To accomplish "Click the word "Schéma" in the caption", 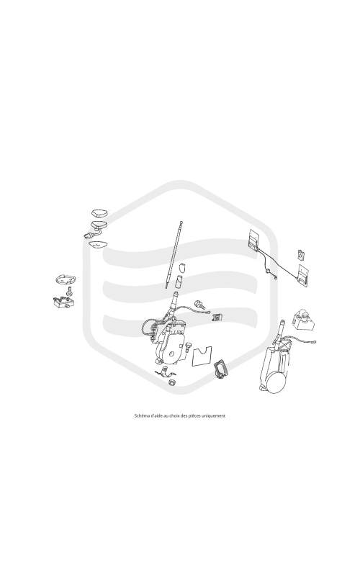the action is [140, 416].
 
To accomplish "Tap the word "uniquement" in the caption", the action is [215, 416].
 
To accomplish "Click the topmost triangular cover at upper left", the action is [99, 212].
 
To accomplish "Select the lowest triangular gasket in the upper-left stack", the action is [99, 244].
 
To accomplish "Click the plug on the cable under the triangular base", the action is [87, 235].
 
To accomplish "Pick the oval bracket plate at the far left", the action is [66, 279].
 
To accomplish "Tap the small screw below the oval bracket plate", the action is [68, 292].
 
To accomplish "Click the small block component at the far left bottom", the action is [63, 302].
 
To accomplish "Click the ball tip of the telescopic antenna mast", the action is [181, 222].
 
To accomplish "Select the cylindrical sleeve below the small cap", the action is [179, 282].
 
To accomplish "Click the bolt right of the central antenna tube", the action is [199, 303].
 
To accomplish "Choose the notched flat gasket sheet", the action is [202, 356].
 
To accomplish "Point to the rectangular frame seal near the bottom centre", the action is [221, 369].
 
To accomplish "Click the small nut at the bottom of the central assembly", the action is [171, 382].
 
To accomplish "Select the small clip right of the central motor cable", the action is [218, 316].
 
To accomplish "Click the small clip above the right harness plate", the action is [301, 254].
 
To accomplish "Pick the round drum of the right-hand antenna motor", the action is [276, 383].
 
